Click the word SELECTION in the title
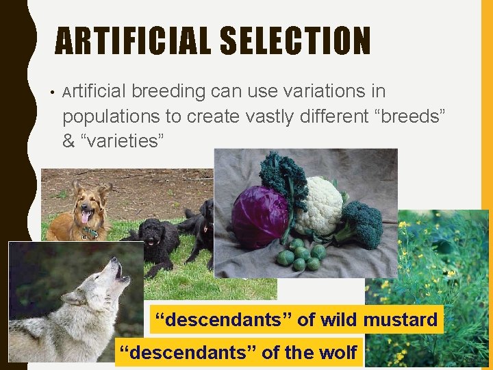[x=295, y=41]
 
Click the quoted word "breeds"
[x=407, y=116]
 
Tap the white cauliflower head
[x=319, y=205]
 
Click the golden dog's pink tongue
[x=84, y=218]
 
